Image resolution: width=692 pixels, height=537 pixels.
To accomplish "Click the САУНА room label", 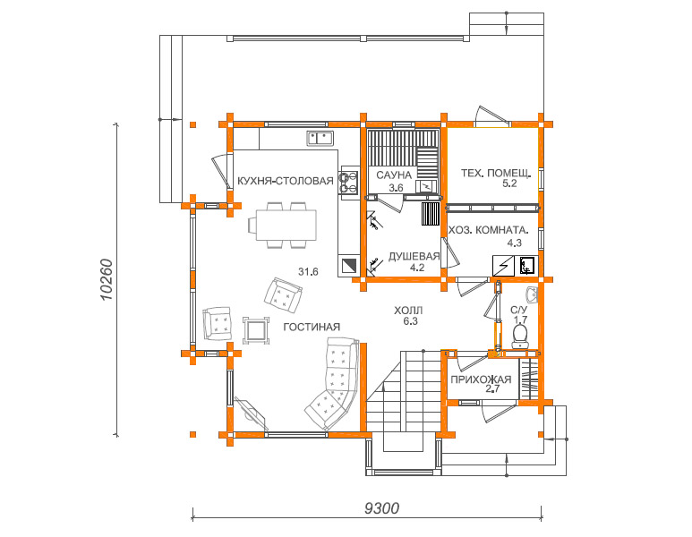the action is pyautogui.click(x=394, y=175).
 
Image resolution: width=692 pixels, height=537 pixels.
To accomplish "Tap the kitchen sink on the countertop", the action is pyautogui.click(x=320, y=138).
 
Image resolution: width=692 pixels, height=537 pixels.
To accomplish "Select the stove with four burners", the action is pyautogui.click(x=348, y=183).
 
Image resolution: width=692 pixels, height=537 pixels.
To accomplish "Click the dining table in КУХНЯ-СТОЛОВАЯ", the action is pyautogui.click(x=286, y=226).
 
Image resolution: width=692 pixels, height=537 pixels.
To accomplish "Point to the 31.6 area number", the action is pyautogui.click(x=308, y=272).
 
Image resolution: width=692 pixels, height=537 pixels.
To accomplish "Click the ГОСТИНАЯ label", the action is pyautogui.click(x=312, y=327).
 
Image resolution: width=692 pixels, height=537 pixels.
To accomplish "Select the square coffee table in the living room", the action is pyautogui.click(x=256, y=330).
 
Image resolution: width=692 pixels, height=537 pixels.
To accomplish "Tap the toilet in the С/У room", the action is pyautogui.click(x=520, y=337).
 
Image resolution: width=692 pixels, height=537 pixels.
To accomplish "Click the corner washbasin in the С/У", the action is pyautogui.click(x=532, y=294).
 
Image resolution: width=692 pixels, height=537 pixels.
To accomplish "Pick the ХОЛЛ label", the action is pyautogui.click(x=408, y=311).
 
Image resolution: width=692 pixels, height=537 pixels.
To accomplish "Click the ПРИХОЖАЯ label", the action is pyautogui.click(x=481, y=379).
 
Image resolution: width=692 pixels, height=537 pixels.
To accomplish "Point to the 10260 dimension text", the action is pyautogui.click(x=107, y=280).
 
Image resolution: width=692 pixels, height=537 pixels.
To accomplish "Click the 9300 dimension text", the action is pyautogui.click(x=381, y=508).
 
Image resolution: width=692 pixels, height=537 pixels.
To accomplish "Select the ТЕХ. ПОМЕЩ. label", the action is pyautogui.click(x=497, y=173).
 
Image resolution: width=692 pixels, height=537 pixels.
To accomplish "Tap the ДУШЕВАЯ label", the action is pyautogui.click(x=414, y=257).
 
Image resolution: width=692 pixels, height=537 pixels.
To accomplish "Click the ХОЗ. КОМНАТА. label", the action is pyautogui.click(x=488, y=230).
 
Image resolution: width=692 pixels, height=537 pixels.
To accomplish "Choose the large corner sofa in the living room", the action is pyautogui.click(x=333, y=383).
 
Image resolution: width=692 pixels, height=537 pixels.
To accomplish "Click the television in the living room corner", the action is pyautogui.click(x=252, y=413).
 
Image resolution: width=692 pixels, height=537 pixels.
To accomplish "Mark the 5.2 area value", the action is pyautogui.click(x=509, y=183).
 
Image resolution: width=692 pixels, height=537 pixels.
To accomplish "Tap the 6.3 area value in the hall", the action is pyautogui.click(x=410, y=321).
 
